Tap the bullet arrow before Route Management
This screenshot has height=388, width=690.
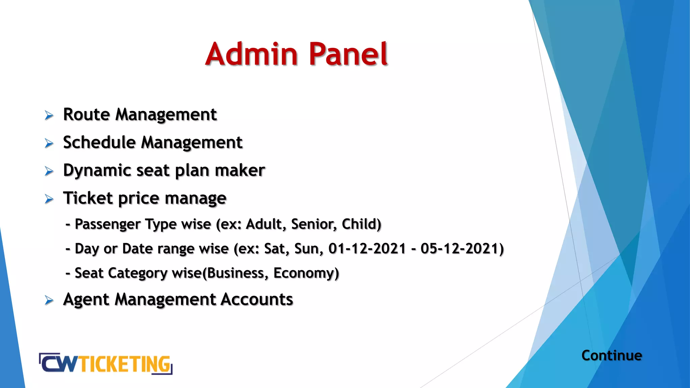pos(49,116)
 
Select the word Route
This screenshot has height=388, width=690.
pos(86,115)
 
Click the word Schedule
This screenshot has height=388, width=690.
pos(99,142)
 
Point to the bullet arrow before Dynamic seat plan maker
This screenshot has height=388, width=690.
pos(49,171)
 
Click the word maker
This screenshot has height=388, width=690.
pos(240,170)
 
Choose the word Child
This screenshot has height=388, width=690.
pos(361,224)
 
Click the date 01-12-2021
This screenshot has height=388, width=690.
pos(367,249)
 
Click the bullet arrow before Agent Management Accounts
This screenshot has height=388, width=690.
pos(49,300)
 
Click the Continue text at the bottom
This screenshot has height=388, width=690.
pos(611,356)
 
